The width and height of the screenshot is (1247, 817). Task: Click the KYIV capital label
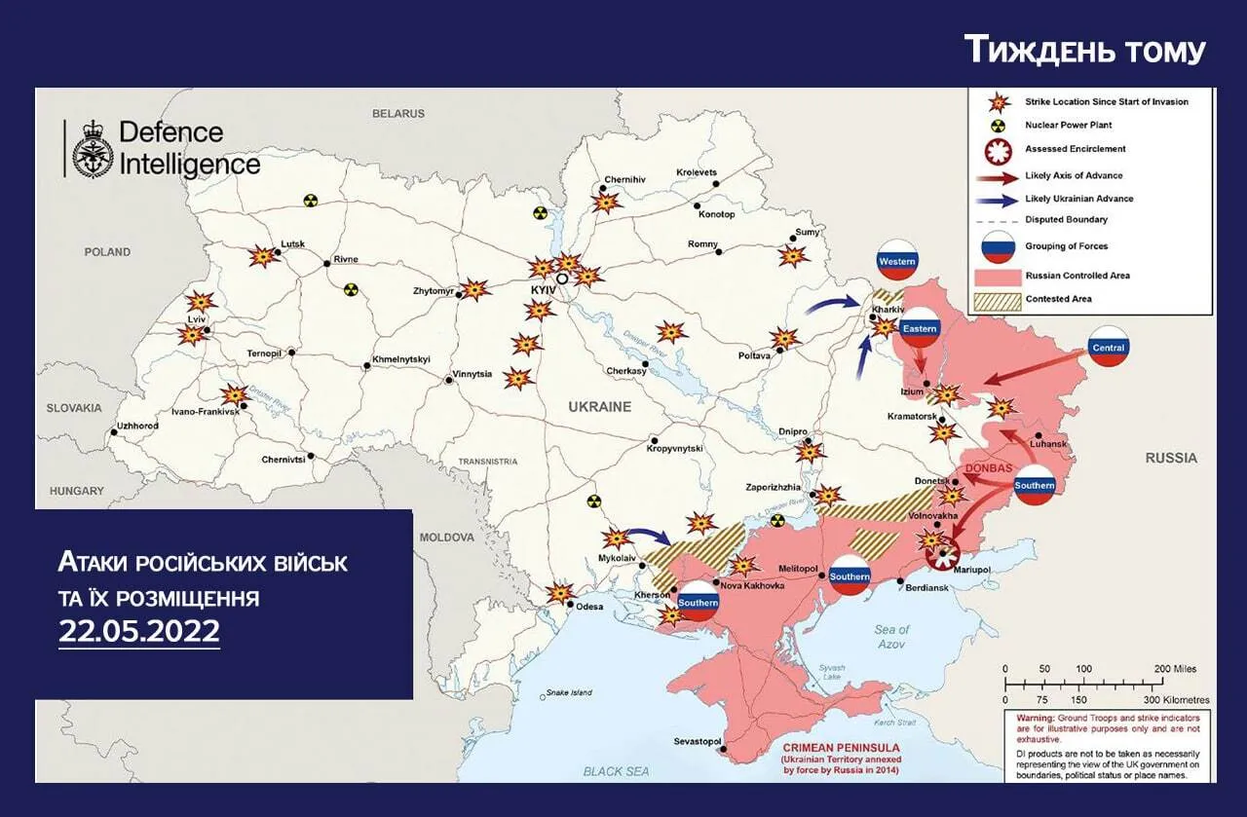coord(542,291)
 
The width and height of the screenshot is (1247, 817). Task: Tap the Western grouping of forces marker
coord(896,261)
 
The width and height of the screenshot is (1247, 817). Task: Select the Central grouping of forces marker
coord(1108,347)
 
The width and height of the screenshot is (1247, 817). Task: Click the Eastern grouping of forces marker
coord(919,329)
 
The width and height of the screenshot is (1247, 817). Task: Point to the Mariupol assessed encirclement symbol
coord(942,556)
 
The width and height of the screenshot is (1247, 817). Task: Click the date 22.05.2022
coord(139,631)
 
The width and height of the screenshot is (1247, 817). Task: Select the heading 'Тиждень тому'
coord(1084,50)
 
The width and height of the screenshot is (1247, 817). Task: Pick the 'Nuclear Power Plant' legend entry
coord(1068,126)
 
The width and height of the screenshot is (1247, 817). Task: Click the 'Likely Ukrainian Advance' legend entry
coord(1078,199)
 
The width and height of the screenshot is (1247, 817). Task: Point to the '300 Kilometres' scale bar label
coord(1176,699)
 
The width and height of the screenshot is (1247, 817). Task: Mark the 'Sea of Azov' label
coord(890,637)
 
